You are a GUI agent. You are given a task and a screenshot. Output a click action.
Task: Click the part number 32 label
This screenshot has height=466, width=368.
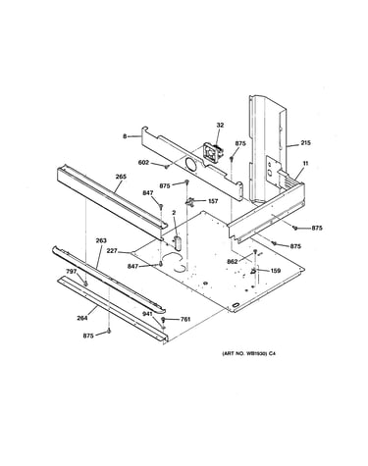pos(220,125)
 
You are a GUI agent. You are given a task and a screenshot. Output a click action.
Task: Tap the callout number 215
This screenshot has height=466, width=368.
pos(305,143)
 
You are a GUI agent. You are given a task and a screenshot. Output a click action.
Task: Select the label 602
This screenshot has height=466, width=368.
pos(144,162)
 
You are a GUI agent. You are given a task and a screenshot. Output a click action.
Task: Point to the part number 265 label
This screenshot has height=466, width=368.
pos(121,177)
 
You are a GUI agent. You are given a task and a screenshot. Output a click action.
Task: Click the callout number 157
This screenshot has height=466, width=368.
pos(213,201)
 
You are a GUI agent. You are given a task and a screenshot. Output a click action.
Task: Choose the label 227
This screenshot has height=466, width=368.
pos(112,251)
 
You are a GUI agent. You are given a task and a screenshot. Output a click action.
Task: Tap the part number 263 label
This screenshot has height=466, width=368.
pos(101,240)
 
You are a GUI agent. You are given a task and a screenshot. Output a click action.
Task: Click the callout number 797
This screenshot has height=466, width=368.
pos(72,272)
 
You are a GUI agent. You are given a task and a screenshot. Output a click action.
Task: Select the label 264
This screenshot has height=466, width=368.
pos(82,318)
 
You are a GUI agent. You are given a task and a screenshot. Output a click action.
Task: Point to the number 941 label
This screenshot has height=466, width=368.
pos(147,314)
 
